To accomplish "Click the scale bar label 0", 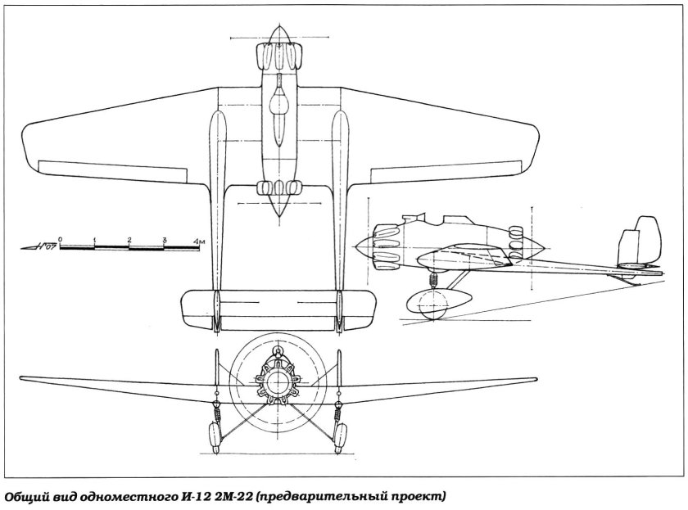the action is click(x=60, y=239).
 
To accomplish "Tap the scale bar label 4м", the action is click(x=200, y=241).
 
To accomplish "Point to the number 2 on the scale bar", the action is click(x=129, y=239).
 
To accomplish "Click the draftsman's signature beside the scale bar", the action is click(x=39, y=246).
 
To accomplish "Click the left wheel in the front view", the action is click(x=214, y=436).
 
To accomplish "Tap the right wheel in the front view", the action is click(x=340, y=436).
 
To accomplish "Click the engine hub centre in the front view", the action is click(x=278, y=381).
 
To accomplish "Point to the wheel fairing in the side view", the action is click(x=439, y=302).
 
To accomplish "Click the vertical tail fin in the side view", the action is click(x=639, y=241).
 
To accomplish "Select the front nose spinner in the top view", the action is click(x=279, y=35).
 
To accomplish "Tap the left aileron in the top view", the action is click(x=113, y=171).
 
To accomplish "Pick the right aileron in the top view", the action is click(x=446, y=171).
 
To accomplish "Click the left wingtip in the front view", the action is click(x=22, y=378).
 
